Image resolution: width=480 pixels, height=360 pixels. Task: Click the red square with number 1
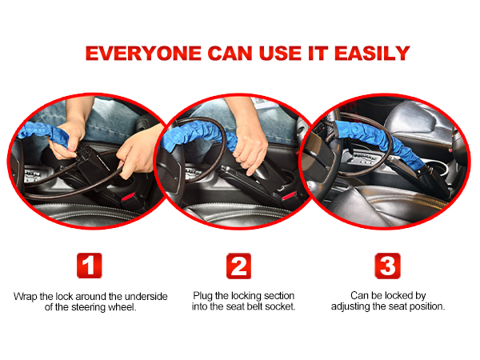tap(90, 266)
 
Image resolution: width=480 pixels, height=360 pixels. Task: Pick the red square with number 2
tap(238, 266)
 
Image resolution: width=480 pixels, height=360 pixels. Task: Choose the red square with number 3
tap(388, 266)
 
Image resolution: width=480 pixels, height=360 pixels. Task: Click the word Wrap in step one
tap(25, 296)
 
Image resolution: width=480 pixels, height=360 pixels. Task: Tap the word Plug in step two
tap(202, 296)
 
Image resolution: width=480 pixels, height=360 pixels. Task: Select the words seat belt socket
tap(254, 307)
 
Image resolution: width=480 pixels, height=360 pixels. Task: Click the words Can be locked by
tap(387, 295)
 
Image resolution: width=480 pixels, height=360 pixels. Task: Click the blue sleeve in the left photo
tap(48, 133)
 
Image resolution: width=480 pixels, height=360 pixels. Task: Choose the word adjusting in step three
tap(357, 307)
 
